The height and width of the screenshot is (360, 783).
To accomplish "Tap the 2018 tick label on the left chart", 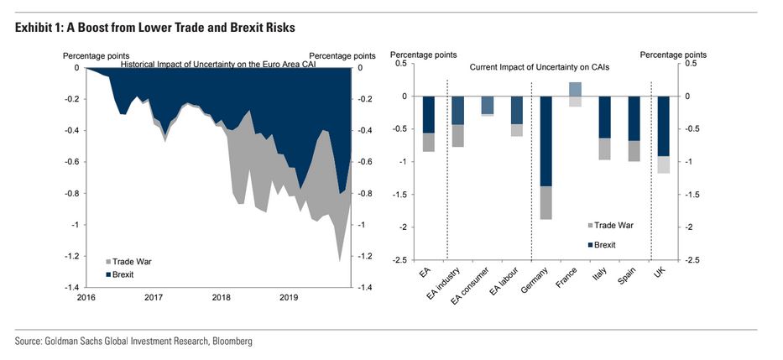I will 221,297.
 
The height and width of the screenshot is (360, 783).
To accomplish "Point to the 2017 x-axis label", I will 153,297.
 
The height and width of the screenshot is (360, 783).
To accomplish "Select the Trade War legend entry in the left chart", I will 132,262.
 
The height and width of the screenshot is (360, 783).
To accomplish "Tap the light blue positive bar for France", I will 575,89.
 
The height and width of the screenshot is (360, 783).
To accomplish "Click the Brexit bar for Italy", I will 604,117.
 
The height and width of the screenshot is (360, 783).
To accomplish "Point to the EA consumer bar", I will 487,105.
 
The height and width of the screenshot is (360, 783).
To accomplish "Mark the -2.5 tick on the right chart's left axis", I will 399,260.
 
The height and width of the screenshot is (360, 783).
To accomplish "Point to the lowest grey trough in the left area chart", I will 340,260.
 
